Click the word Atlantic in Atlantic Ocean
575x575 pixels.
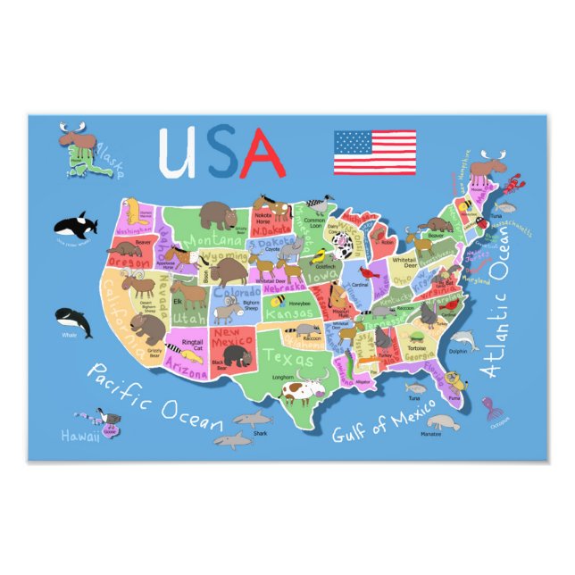[x=495, y=348]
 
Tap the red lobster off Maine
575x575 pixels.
[x=512, y=186]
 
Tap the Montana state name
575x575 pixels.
[x=214, y=240]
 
